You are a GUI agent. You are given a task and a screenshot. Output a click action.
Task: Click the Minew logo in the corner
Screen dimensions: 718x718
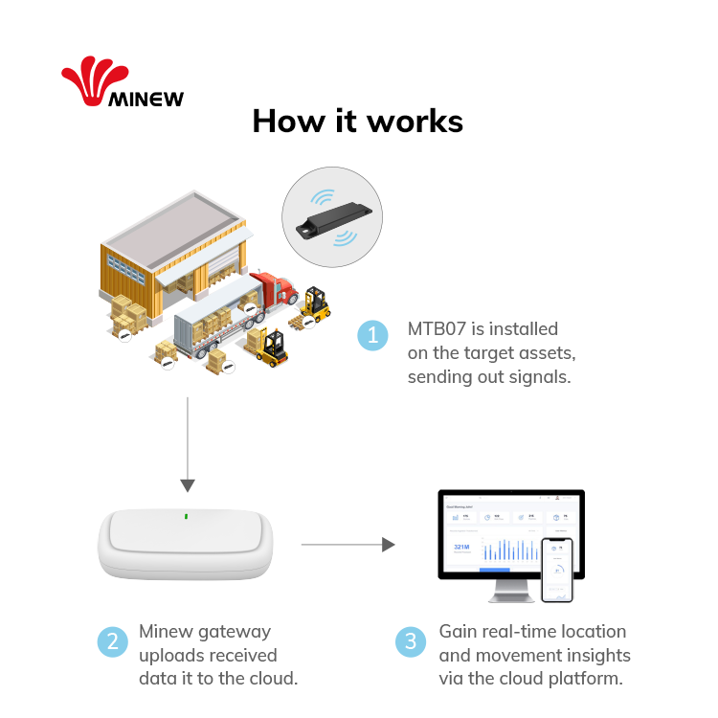pos(122,84)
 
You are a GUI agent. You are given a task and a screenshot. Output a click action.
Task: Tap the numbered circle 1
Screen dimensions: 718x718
pos(372,335)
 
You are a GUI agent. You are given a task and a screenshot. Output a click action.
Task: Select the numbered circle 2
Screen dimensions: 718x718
pos(112,641)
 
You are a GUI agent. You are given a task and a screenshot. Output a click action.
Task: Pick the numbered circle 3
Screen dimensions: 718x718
pos(411,641)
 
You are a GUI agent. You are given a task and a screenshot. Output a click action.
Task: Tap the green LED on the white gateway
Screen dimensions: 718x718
pos(188,517)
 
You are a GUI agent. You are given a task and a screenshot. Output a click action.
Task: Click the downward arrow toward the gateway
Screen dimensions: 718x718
pos(188,483)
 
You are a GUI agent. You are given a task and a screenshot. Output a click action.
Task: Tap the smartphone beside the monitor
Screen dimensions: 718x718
pos(556,569)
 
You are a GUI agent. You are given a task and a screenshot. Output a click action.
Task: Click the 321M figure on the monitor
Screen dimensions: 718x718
pos(462,548)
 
